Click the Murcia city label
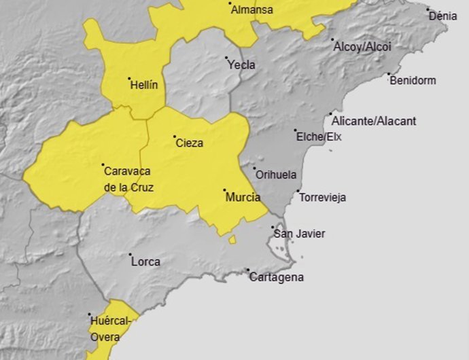click(243, 198)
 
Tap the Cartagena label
click(276, 277)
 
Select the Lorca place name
click(145, 262)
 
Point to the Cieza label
click(189, 143)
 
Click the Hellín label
click(143, 86)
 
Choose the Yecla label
click(242, 65)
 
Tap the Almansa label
click(251, 10)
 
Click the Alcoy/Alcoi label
click(362, 47)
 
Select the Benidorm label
click(413, 81)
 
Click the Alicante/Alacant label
click(374, 122)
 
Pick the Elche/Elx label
click(319, 137)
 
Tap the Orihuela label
click(275, 175)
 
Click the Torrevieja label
click(322, 198)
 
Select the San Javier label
click(299, 234)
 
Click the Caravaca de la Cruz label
click(128, 179)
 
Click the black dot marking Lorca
click(131, 255)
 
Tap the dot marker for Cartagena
click(248, 270)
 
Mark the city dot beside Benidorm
click(389, 75)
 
